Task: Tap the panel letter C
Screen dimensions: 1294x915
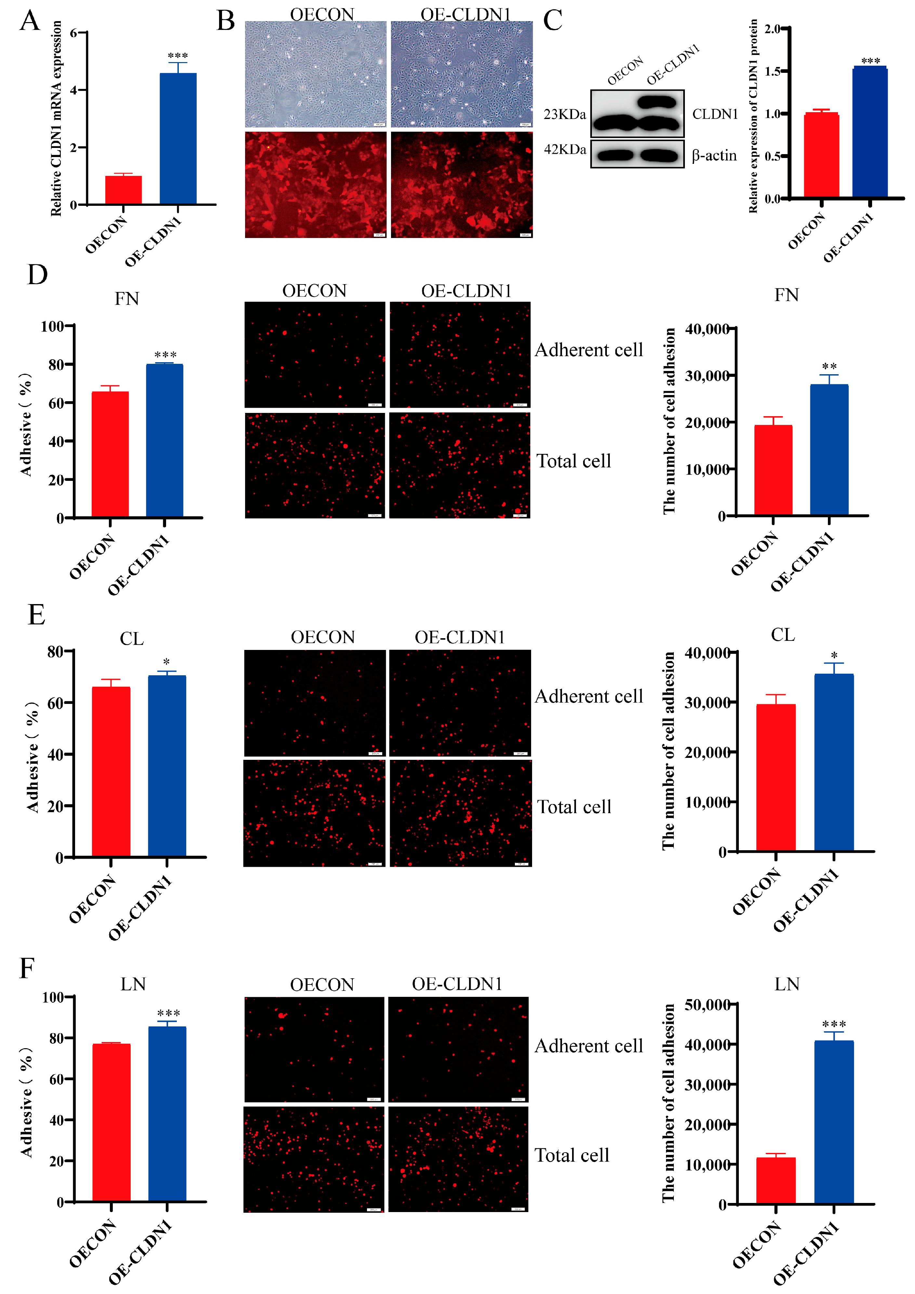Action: [x=552, y=21]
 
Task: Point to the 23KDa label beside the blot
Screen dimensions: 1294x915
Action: [x=565, y=114]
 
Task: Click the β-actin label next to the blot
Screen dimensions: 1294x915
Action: [x=714, y=155]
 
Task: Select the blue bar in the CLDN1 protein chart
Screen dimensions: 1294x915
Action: [x=869, y=132]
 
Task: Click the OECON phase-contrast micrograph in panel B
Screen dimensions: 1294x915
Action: [x=316, y=74]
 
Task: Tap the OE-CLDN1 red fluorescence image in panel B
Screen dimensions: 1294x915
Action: [x=462, y=185]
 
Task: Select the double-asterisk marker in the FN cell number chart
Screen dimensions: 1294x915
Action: [x=829, y=367]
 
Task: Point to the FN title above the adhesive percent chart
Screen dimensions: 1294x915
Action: [x=127, y=299]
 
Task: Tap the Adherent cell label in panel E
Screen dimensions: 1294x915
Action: [x=588, y=697]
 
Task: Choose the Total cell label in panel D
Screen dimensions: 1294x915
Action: [x=573, y=461]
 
